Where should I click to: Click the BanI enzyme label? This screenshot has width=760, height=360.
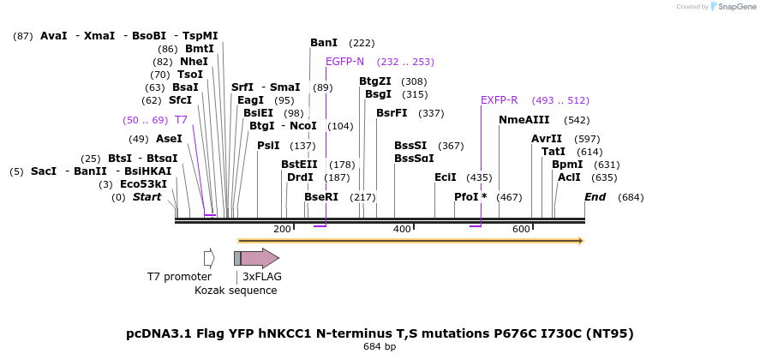324,43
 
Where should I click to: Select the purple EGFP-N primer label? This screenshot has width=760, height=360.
344,62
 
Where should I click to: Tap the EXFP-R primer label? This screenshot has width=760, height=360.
499,100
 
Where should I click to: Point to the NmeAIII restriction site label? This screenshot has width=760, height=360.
524,120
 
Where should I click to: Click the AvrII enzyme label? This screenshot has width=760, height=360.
547,139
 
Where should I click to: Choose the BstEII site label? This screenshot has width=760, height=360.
299,165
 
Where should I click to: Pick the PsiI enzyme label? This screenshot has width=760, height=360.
268,146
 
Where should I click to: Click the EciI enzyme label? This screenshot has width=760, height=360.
445,177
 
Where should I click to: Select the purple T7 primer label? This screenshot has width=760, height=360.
181,120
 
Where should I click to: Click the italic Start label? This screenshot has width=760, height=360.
147,197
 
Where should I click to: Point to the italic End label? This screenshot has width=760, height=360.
595,197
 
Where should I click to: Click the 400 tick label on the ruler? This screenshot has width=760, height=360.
402,230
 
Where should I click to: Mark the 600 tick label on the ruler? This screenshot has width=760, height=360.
521,230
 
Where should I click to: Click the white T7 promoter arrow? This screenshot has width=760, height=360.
209,258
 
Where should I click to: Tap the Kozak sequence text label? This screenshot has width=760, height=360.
236,291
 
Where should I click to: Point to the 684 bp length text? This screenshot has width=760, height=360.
380,347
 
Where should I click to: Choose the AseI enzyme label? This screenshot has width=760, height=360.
169,139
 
